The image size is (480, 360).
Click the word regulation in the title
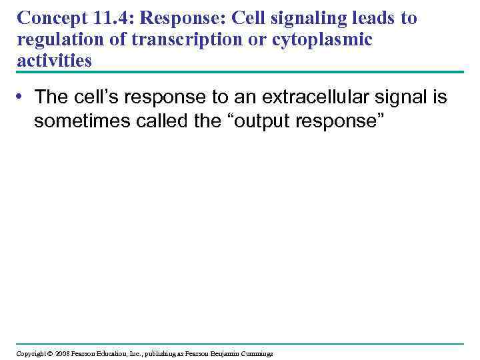(x=58, y=40)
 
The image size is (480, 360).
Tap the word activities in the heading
(x=55, y=61)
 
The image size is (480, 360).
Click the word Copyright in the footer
(x=30, y=353)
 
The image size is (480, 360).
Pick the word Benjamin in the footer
(x=226, y=353)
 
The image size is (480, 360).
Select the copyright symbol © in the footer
(x=49, y=353)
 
